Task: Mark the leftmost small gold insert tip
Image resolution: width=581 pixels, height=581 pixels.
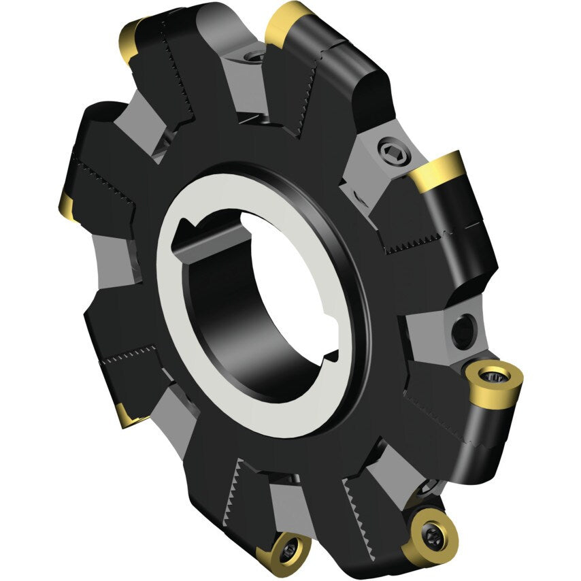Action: click(x=67, y=206)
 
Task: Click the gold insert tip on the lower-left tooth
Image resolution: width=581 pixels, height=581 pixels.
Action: click(x=126, y=414)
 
